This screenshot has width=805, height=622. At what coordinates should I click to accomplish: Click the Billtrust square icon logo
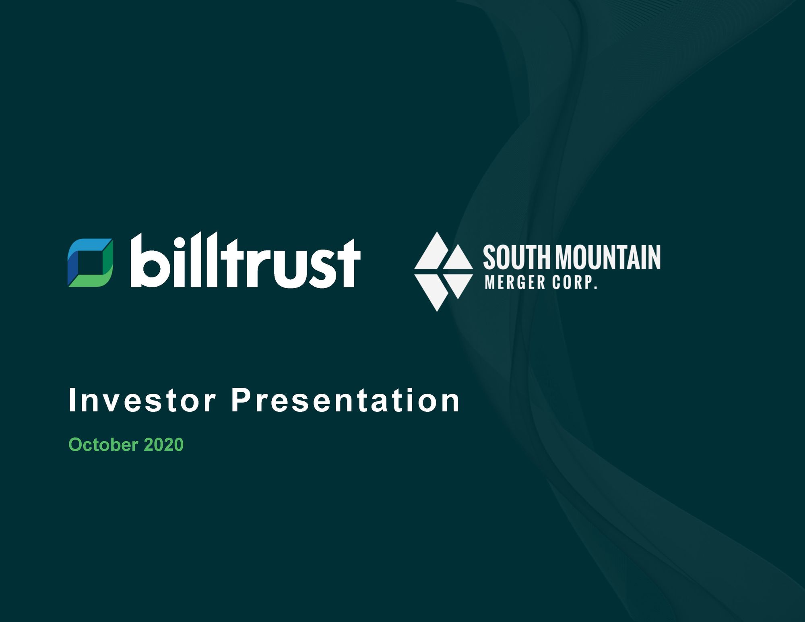click(90, 263)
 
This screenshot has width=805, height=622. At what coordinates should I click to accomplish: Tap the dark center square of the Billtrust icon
click(90, 263)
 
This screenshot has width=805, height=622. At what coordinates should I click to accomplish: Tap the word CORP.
click(574, 282)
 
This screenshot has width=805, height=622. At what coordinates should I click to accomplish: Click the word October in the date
click(103, 445)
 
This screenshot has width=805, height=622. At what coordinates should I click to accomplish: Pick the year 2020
click(163, 445)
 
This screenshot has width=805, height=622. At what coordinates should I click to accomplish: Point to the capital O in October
click(75, 445)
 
